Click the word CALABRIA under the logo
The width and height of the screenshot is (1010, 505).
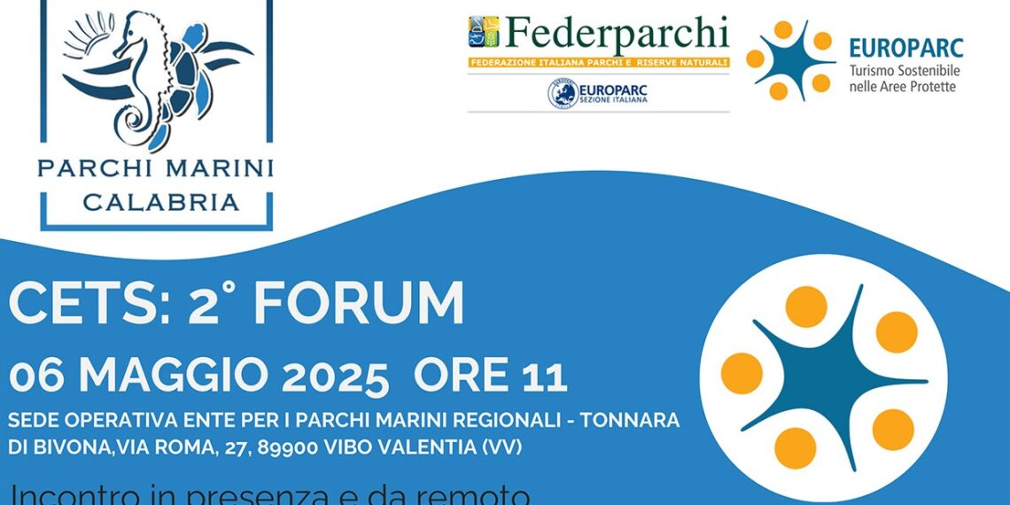[160, 202]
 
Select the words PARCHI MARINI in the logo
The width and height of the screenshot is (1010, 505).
[155, 168]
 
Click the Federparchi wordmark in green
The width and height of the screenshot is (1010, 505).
[615, 35]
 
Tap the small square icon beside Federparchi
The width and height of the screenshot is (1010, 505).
[483, 35]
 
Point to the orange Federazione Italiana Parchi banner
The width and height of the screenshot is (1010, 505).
[599, 63]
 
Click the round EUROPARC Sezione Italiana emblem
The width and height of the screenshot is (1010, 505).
[562, 93]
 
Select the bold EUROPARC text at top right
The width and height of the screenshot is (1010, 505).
[905, 48]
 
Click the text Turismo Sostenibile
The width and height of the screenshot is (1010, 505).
[905, 70]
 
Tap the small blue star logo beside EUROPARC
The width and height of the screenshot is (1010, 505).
[789, 60]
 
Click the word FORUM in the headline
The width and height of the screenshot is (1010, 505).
[359, 304]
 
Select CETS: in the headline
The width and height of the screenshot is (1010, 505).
[89, 304]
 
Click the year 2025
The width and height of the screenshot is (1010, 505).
[334, 376]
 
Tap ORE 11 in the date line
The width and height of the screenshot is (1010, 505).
[490, 376]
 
